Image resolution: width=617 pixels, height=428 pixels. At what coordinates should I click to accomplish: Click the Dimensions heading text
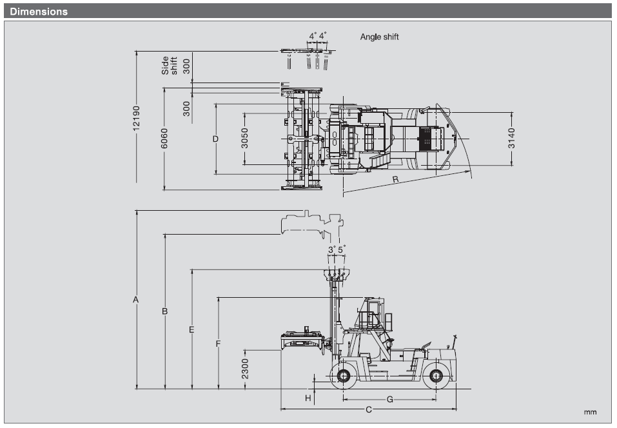tap(39, 12)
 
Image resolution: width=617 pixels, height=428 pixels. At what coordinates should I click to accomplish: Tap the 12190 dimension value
tap(136, 118)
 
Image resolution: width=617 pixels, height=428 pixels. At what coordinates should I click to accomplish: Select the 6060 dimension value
tap(164, 139)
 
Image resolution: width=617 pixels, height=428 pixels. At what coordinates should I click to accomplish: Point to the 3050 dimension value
tap(245, 139)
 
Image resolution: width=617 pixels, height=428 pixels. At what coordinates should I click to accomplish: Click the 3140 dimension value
tap(511, 139)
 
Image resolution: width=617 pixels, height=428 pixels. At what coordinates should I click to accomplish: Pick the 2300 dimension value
tap(245, 369)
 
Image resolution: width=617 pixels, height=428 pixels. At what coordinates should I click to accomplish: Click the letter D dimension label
tap(215, 139)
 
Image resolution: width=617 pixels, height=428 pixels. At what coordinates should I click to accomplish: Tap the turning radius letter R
tap(395, 179)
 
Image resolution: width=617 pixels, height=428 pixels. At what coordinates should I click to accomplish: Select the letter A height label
tap(136, 300)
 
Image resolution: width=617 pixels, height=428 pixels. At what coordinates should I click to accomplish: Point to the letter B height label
tap(165, 311)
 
